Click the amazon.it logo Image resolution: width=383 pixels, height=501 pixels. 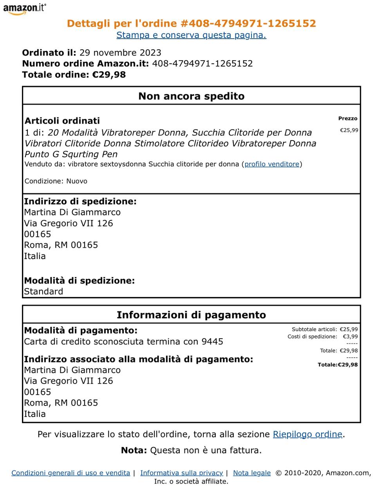(24, 9)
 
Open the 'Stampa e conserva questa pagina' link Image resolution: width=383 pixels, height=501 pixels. (191, 35)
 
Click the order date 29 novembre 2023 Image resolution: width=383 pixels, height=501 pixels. (120, 53)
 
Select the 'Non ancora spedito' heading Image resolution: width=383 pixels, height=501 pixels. (191, 96)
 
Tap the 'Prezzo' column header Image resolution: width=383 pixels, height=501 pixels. (348, 118)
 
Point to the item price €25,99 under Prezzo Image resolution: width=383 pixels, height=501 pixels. (349, 130)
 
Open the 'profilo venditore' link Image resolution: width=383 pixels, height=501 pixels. (272, 164)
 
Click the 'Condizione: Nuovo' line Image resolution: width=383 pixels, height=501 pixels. (56, 181)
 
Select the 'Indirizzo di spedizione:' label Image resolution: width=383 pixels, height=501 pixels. (80, 202)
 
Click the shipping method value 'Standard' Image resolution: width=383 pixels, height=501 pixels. (43, 292)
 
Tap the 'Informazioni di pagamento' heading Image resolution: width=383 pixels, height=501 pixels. (191, 315)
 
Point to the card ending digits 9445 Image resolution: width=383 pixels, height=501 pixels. (212, 342)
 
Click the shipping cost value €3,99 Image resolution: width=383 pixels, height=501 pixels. (350, 337)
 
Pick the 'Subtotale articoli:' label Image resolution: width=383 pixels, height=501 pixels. (314, 330)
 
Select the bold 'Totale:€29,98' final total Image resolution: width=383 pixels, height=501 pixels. (338, 365)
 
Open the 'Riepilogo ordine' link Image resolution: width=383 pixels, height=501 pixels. (307, 434)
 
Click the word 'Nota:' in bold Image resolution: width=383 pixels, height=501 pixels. (134, 451)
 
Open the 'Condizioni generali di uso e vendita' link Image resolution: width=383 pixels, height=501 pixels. (70, 473)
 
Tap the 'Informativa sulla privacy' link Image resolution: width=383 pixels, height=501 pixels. (181, 473)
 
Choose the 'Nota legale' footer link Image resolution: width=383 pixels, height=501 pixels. (252, 473)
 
